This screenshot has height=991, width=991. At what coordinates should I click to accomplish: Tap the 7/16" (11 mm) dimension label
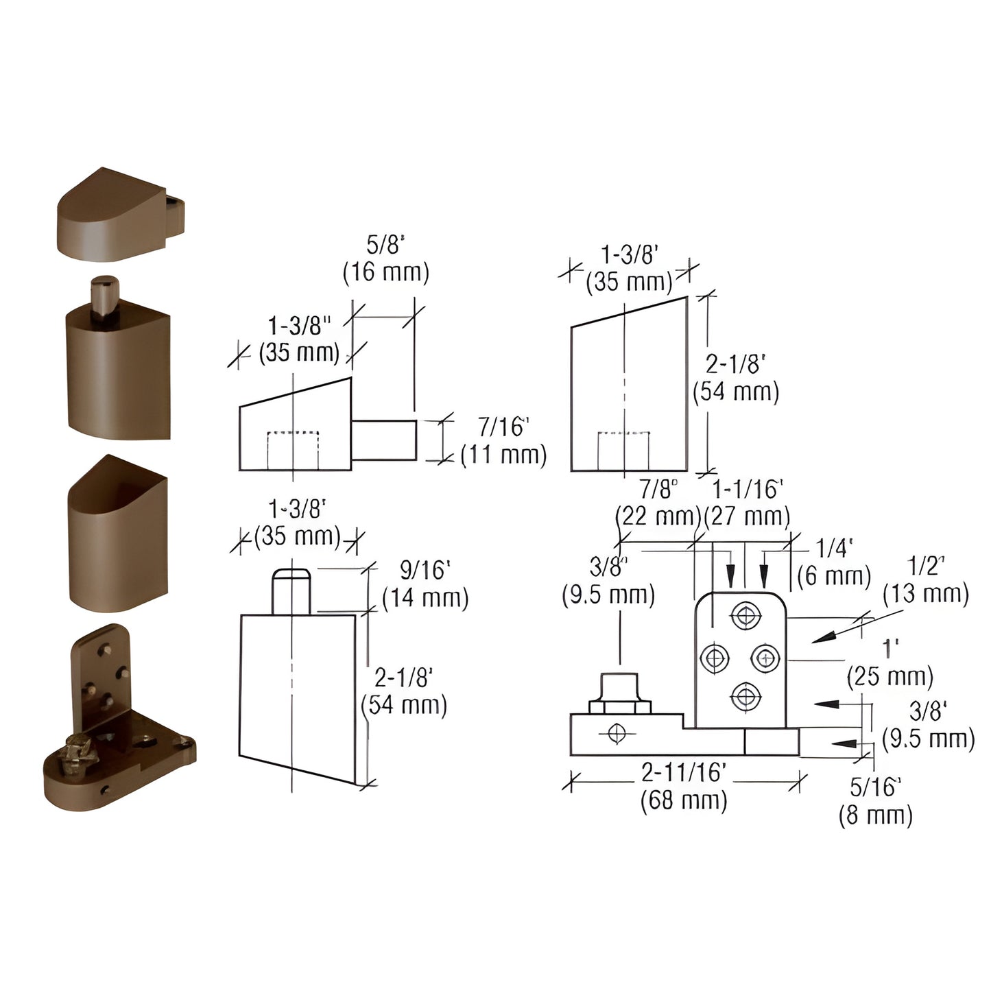pyautogui.click(x=503, y=441)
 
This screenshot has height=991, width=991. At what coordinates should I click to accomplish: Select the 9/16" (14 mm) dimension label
pyautogui.click(x=425, y=584)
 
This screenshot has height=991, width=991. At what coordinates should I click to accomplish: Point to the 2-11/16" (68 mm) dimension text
pyautogui.click(x=684, y=786)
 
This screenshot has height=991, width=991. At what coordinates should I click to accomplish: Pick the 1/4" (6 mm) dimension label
pyautogui.click(x=834, y=562)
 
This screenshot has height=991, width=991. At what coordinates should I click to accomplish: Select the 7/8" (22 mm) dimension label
pyautogui.click(x=658, y=503)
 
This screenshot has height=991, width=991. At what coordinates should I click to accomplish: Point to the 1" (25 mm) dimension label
pyautogui.click(x=890, y=662)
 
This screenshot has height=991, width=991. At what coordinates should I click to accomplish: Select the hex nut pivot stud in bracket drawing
pyautogui.click(x=619, y=695)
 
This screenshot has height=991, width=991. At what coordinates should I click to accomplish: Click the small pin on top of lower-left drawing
pyautogui.click(x=291, y=591)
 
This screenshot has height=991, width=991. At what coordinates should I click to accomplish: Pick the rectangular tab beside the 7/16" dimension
pyautogui.click(x=384, y=440)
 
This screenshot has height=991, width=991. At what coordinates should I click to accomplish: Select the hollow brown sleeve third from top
pyautogui.click(x=118, y=535)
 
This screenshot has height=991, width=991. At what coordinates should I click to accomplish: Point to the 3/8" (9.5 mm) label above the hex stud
pyautogui.click(x=608, y=580)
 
